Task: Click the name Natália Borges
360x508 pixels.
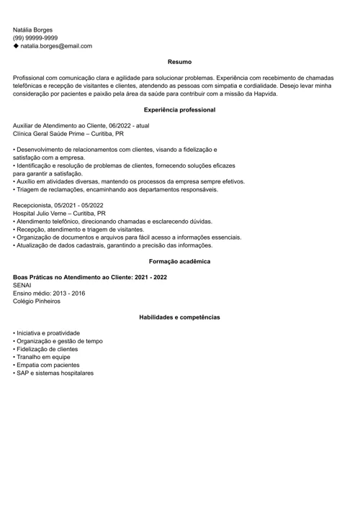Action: pyautogui.click(x=33, y=30)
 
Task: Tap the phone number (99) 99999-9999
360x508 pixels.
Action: pyautogui.click(x=35, y=38)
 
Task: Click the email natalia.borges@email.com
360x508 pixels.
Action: pyautogui.click(x=56, y=46)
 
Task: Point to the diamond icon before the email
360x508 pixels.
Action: pyautogui.click(x=16, y=46)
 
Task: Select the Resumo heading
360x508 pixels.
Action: pyautogui.click(x=179, y=63)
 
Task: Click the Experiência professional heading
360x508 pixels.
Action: pyautogui.click(x=179, y=110)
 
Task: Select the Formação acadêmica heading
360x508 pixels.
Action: pyautogui.click(x=179, y=262)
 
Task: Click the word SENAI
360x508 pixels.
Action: pyautogui.click(x=22, y=286)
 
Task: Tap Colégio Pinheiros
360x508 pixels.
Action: pyautogui.click(x=37, y=301)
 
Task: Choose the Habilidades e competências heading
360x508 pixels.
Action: pyautogui.click(x=179, y=317)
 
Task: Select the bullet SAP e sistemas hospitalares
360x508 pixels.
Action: pyautogui.click(x=55, y=373)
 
